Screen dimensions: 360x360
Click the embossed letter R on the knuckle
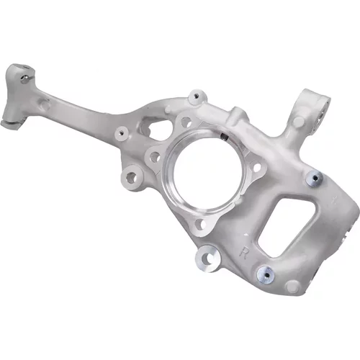244,253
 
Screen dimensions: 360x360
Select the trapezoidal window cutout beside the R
287,226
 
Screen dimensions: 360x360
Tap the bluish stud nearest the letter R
266,274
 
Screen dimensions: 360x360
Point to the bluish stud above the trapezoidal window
315,178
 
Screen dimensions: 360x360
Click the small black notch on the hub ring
224,137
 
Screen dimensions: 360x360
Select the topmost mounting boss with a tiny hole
197,96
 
